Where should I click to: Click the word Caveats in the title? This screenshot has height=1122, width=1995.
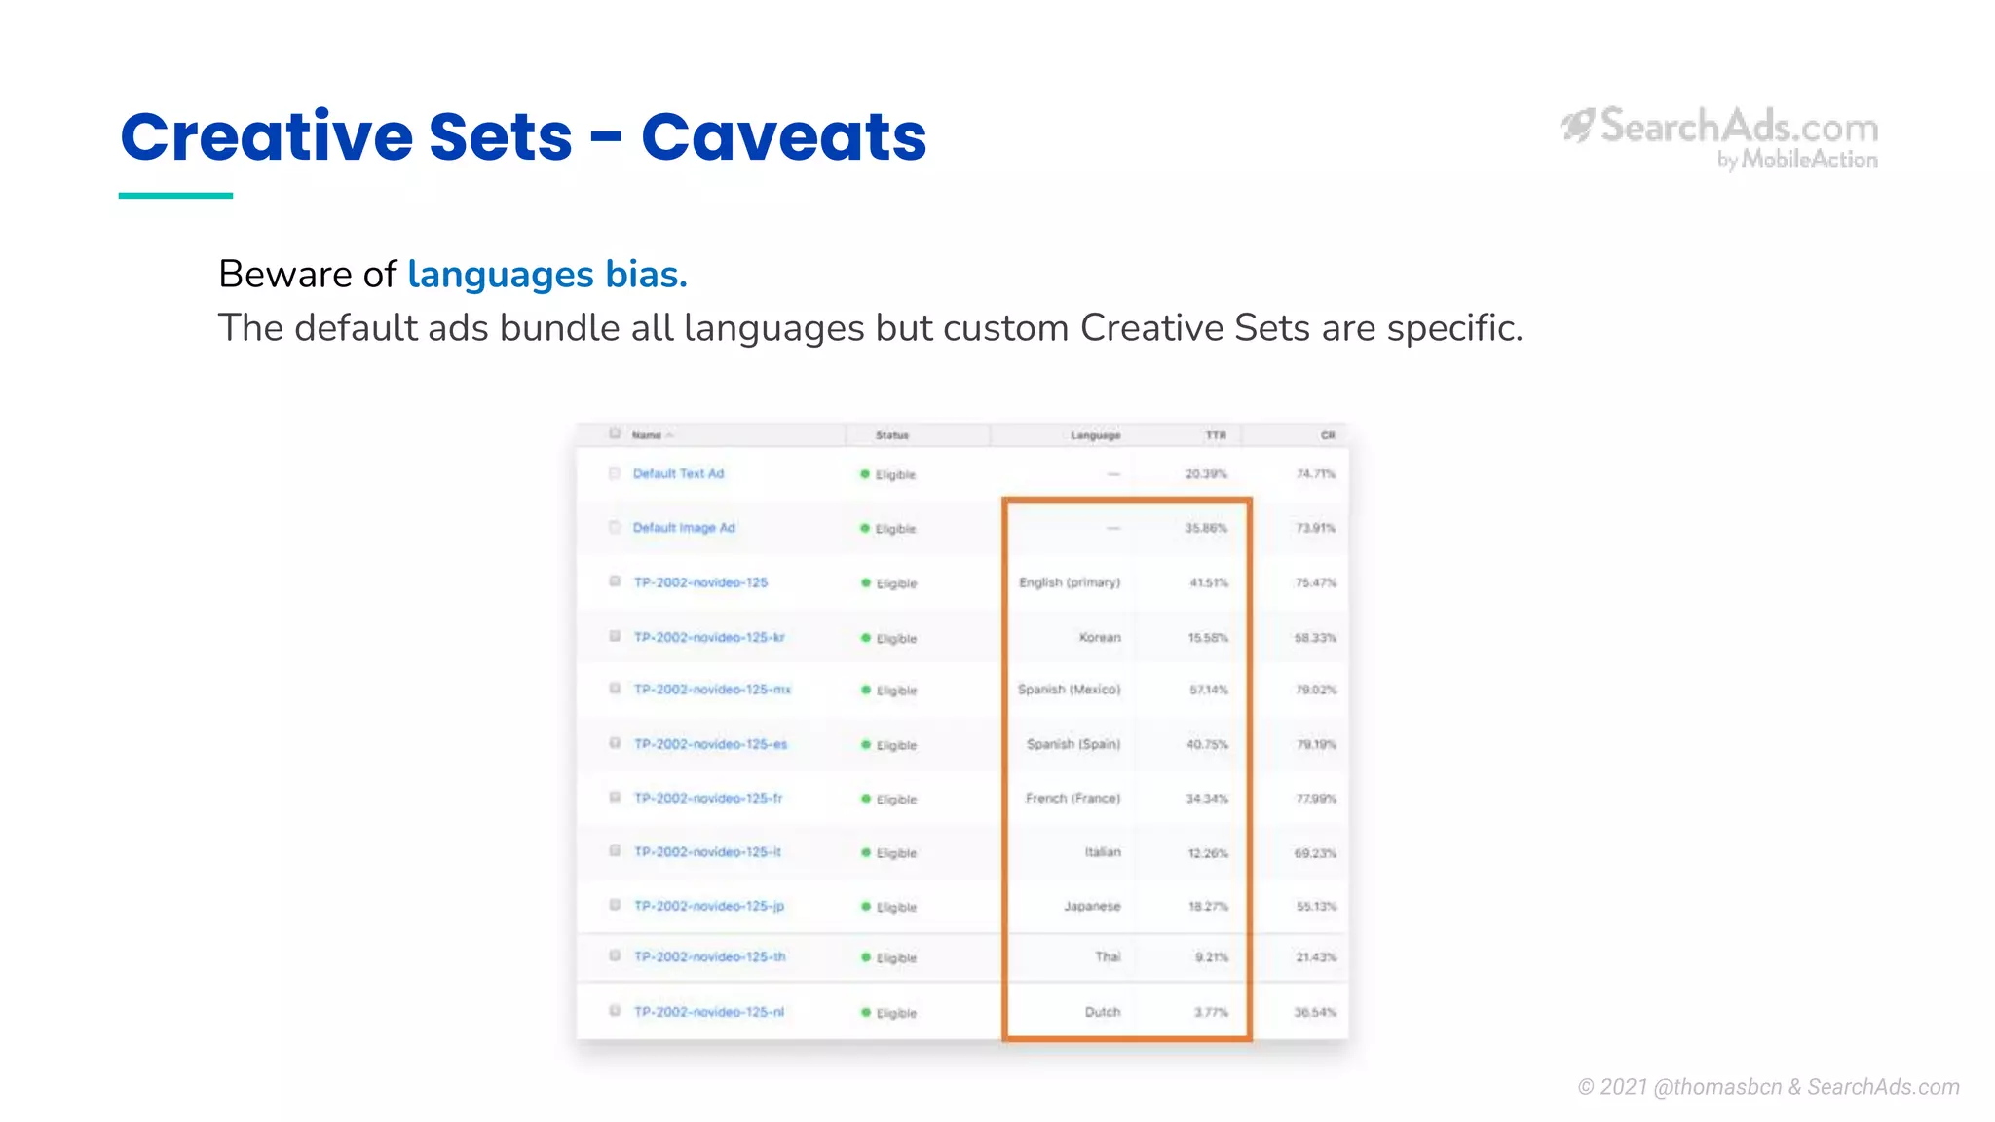point(783,136)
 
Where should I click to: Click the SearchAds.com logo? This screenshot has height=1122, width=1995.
point(1720,136)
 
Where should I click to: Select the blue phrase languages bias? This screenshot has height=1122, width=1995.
point(547,275)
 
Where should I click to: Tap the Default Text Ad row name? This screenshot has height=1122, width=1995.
point(678,474)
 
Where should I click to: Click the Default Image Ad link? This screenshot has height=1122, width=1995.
point(684,528)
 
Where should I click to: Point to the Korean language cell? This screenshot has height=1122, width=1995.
point(1100,638)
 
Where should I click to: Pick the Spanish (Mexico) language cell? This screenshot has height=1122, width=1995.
point(1069,690)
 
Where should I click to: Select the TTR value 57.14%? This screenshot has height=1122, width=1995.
point(1208,690)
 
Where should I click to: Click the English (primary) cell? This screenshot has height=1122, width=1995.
point(1069,582)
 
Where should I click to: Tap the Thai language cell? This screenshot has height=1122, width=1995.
point(1108,957)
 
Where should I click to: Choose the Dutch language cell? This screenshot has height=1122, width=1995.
point(1103,1012)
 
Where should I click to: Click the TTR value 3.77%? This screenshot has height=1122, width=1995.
point(1211,1012)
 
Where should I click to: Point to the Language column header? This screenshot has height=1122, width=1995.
point(1095,435)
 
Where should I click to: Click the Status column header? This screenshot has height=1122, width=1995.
point(891,435)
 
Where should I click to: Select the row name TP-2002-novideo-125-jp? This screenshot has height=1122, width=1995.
point(708,906)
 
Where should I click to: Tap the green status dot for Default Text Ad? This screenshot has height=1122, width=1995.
point(864,474)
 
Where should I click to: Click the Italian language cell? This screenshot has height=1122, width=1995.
point(1103,852)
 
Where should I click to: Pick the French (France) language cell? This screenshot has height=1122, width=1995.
point(1073,799)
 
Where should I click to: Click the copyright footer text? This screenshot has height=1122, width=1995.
point(1768,1087)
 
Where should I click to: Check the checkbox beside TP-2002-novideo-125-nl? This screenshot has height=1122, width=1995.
point(615,1011)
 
